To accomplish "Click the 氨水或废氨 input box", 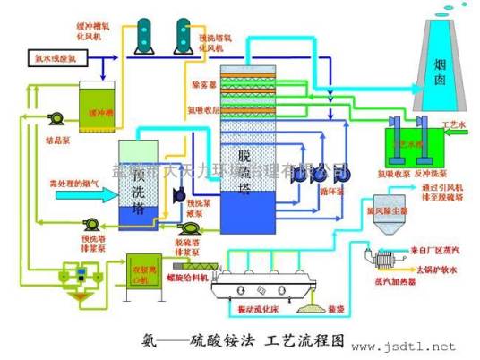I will [55, 58].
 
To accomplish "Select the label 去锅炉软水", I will [434, 267].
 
